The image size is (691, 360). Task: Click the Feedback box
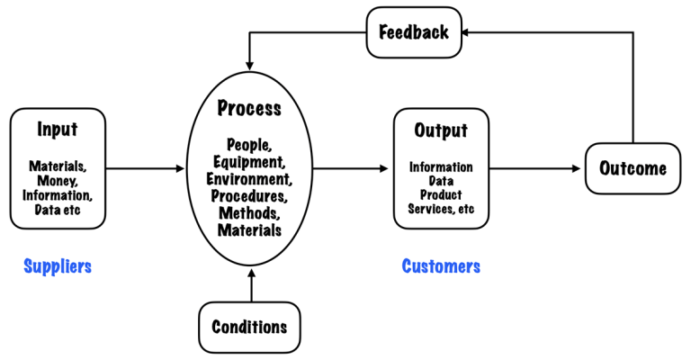pyautogui.click(x=413, y=32)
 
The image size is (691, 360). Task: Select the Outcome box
pyautogui.click(x=633, y=168)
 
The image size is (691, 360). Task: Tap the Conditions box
pyautogui.click(x=249, y=327)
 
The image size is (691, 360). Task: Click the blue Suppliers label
pyautogui.click(x=58, y=266)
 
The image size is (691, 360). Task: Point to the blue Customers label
pyautogui.click(x=441, y=266)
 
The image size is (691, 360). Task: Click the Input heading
pyautogui.click(x=58, y=130)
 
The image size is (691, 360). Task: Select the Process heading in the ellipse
pyautogui.click(x=249, y=109)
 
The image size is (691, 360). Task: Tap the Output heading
pyautogui.click(x=441, y=131)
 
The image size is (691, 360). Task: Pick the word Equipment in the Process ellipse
pyautogui.click(x=249, y=162)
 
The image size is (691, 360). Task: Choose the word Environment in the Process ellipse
pyautogui.click(x=249, y=178)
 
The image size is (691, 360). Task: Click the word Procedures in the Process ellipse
pyautogui.click(x=249, y=195)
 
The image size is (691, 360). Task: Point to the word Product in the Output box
pyautogui.click(x=441, y=195)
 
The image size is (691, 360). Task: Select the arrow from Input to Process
pyautogui.click(x=144, y=168)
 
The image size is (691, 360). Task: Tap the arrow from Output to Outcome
pyautogui.click(x=535, y=168)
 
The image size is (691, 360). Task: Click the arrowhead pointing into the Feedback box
pyautogui.click(x=469, y=33)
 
